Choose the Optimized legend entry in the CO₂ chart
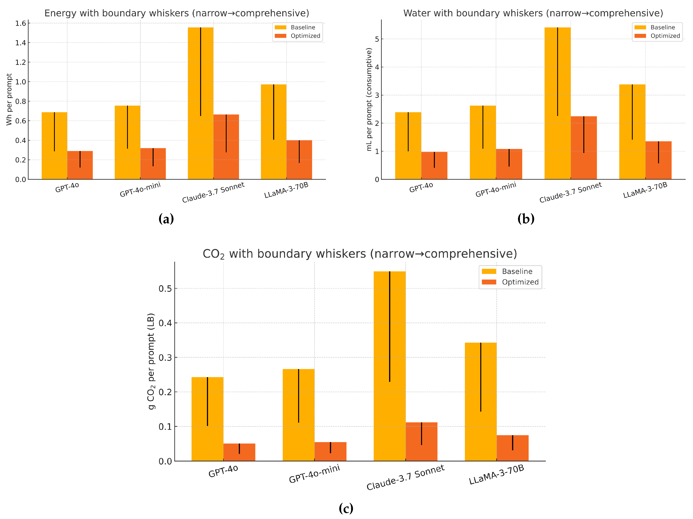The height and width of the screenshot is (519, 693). pyautogui.click(x=520, y=282)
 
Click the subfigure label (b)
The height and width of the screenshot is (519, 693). pyautogui.click(x=526, y=219)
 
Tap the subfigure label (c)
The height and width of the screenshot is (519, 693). pyautogui.click(x=346, y=508)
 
